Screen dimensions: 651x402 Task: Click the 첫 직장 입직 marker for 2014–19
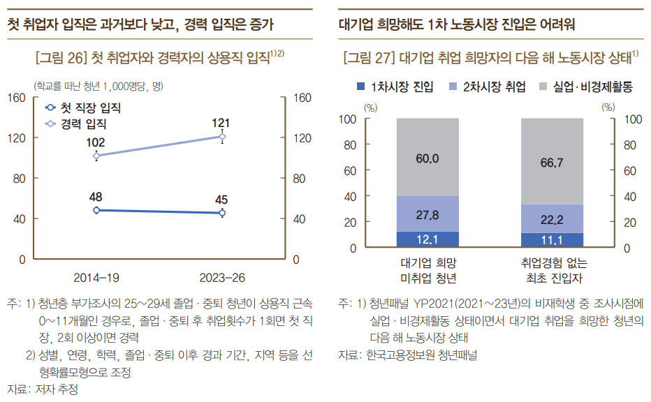coord(96,210)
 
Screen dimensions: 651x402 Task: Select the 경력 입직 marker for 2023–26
coord(223,137)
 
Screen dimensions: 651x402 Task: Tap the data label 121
coord(221,123)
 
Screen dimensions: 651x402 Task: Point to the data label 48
coord(96,197)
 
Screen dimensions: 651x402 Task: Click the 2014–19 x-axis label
coord(96,278)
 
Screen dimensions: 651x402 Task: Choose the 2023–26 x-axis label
coord(222,278)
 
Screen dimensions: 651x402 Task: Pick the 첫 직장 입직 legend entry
coord(82,108)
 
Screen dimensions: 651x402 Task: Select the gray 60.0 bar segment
coord(427,157)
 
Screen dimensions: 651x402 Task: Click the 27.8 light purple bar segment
coord(427,214)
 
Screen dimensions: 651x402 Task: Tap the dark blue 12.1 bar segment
coord(427,239)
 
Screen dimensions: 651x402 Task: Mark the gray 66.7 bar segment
coord(553,161)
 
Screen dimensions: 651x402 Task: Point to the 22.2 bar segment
coord(553,219)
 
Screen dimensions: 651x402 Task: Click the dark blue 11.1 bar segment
coord(553,240)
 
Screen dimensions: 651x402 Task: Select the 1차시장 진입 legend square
coord(360,87)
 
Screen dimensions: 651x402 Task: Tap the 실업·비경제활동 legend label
coord(592,87)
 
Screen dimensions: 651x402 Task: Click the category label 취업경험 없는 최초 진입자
coord(554,270)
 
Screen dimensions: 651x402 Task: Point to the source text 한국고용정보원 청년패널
coord(421,355)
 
